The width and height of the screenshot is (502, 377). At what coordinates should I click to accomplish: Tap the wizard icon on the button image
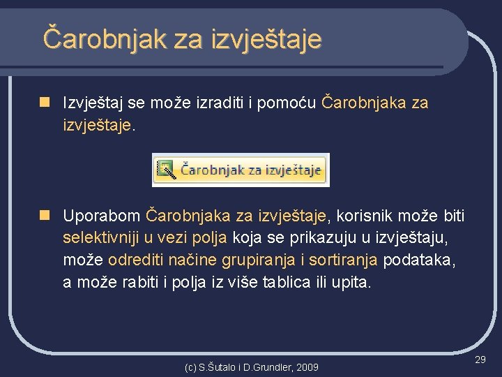[165, 169]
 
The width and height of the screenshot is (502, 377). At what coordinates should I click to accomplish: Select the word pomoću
[290, 103]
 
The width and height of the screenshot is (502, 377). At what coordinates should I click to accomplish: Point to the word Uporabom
[101, 215]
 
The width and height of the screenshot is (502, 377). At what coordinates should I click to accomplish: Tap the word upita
[352, 283]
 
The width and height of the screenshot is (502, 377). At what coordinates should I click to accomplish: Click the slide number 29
[480, 359]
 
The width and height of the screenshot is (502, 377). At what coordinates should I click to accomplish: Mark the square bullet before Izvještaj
[44, 103]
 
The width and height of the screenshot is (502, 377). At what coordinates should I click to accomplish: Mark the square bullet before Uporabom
[44, 214]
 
